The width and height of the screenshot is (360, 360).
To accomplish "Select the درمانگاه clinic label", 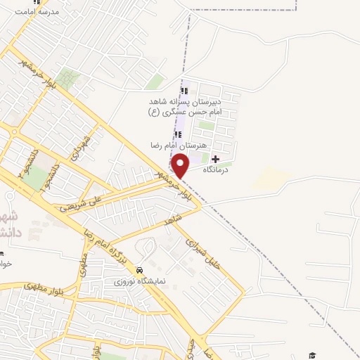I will (x=217, y=171).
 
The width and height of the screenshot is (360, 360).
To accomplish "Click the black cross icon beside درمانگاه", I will (x=215, y=160).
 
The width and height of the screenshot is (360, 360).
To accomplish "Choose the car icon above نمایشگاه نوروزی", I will (x=140, y=270).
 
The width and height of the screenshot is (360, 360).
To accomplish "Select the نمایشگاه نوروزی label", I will (x=140, y=281).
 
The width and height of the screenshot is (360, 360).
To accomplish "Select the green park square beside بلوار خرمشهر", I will (x=67, y=77).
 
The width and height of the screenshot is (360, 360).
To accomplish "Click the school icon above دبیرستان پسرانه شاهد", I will (x=184, y=91).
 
